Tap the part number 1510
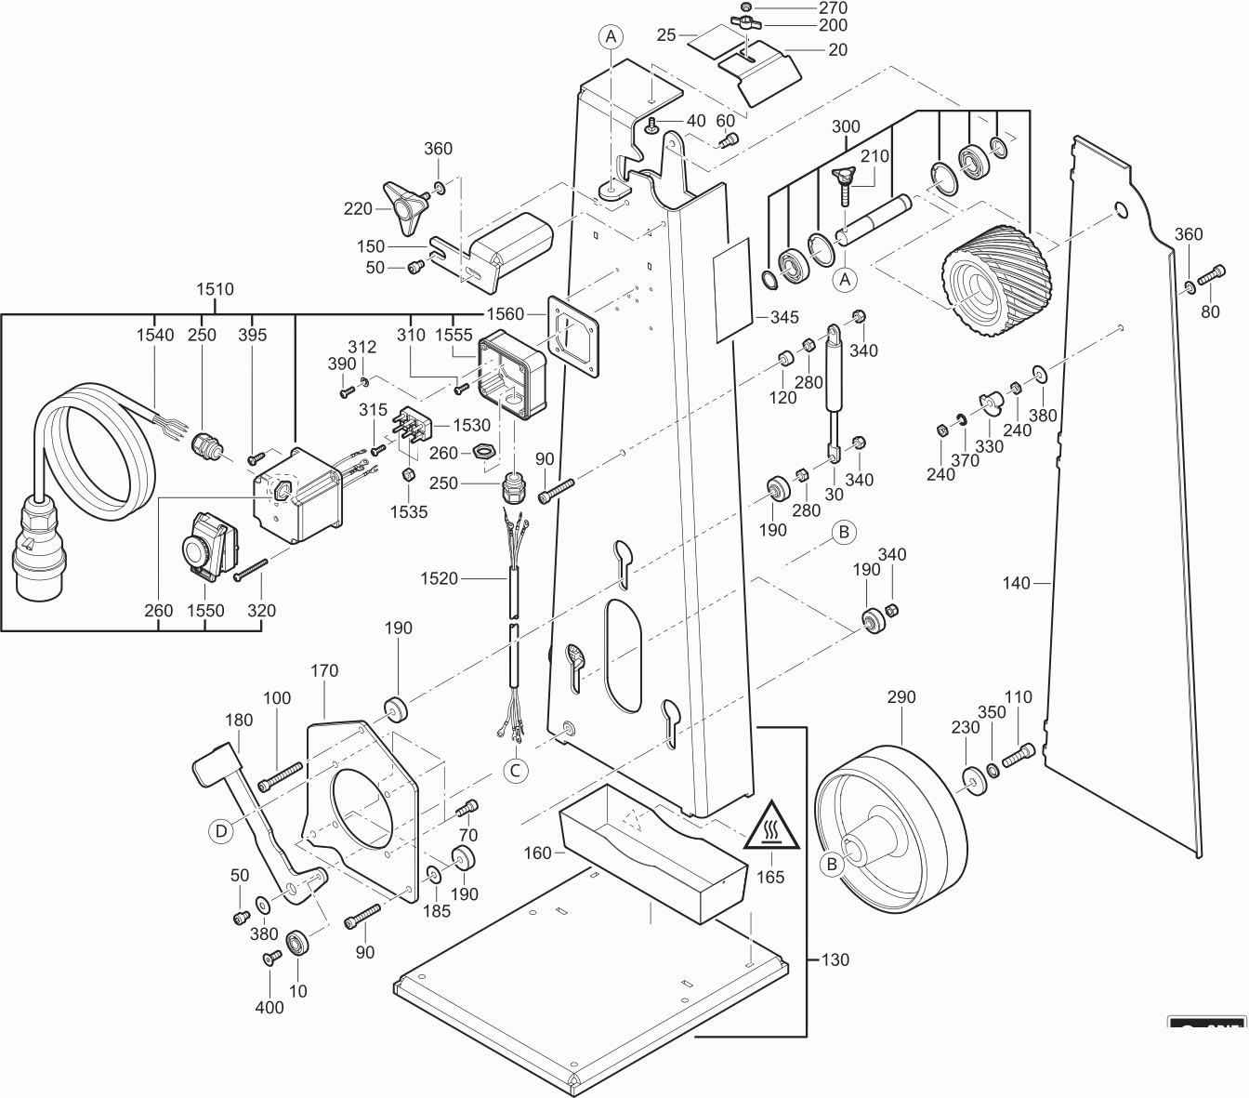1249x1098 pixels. coord(215,289)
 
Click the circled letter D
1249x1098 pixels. coord(220,830)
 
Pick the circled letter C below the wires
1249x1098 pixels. coord(515,770)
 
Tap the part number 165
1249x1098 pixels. coord(770,877)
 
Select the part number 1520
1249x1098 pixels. coord(440,578)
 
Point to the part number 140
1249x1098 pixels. coord(1017,583)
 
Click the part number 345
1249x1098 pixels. coord(784,317)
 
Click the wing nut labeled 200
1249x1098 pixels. coord(747,22)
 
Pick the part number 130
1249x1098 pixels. coord(835,959)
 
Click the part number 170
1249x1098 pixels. coord(324,670)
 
